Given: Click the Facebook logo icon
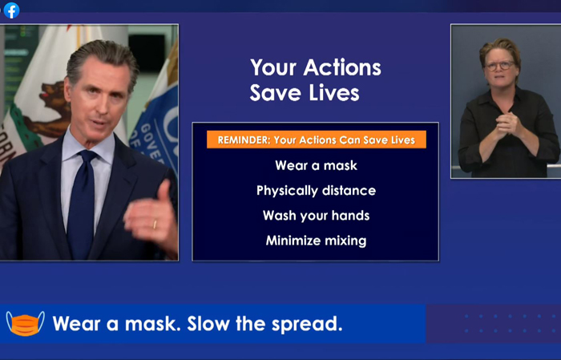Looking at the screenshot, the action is click(x=11, y=10).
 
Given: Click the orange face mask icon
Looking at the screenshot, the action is click(x=25, y=323).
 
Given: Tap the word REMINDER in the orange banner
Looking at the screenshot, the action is click(x=244, y=140).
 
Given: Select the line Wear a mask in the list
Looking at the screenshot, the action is click(x=317, y=165).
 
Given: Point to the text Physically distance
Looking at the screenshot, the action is click(x=317, y=191).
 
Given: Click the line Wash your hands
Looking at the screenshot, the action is click(x=317, y=216).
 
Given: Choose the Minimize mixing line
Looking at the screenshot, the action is click(x=317, y=241).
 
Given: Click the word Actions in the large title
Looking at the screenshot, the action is click(x=342, y=67).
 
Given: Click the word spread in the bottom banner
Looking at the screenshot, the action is click(x=307, y=324).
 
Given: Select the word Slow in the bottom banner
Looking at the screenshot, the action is click(x=208, y=323).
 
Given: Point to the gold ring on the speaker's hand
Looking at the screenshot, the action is click(x=155, y=224).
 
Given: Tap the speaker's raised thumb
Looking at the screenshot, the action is click(x=164, y=192).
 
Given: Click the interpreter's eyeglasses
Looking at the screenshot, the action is click(x=500, y=66).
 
